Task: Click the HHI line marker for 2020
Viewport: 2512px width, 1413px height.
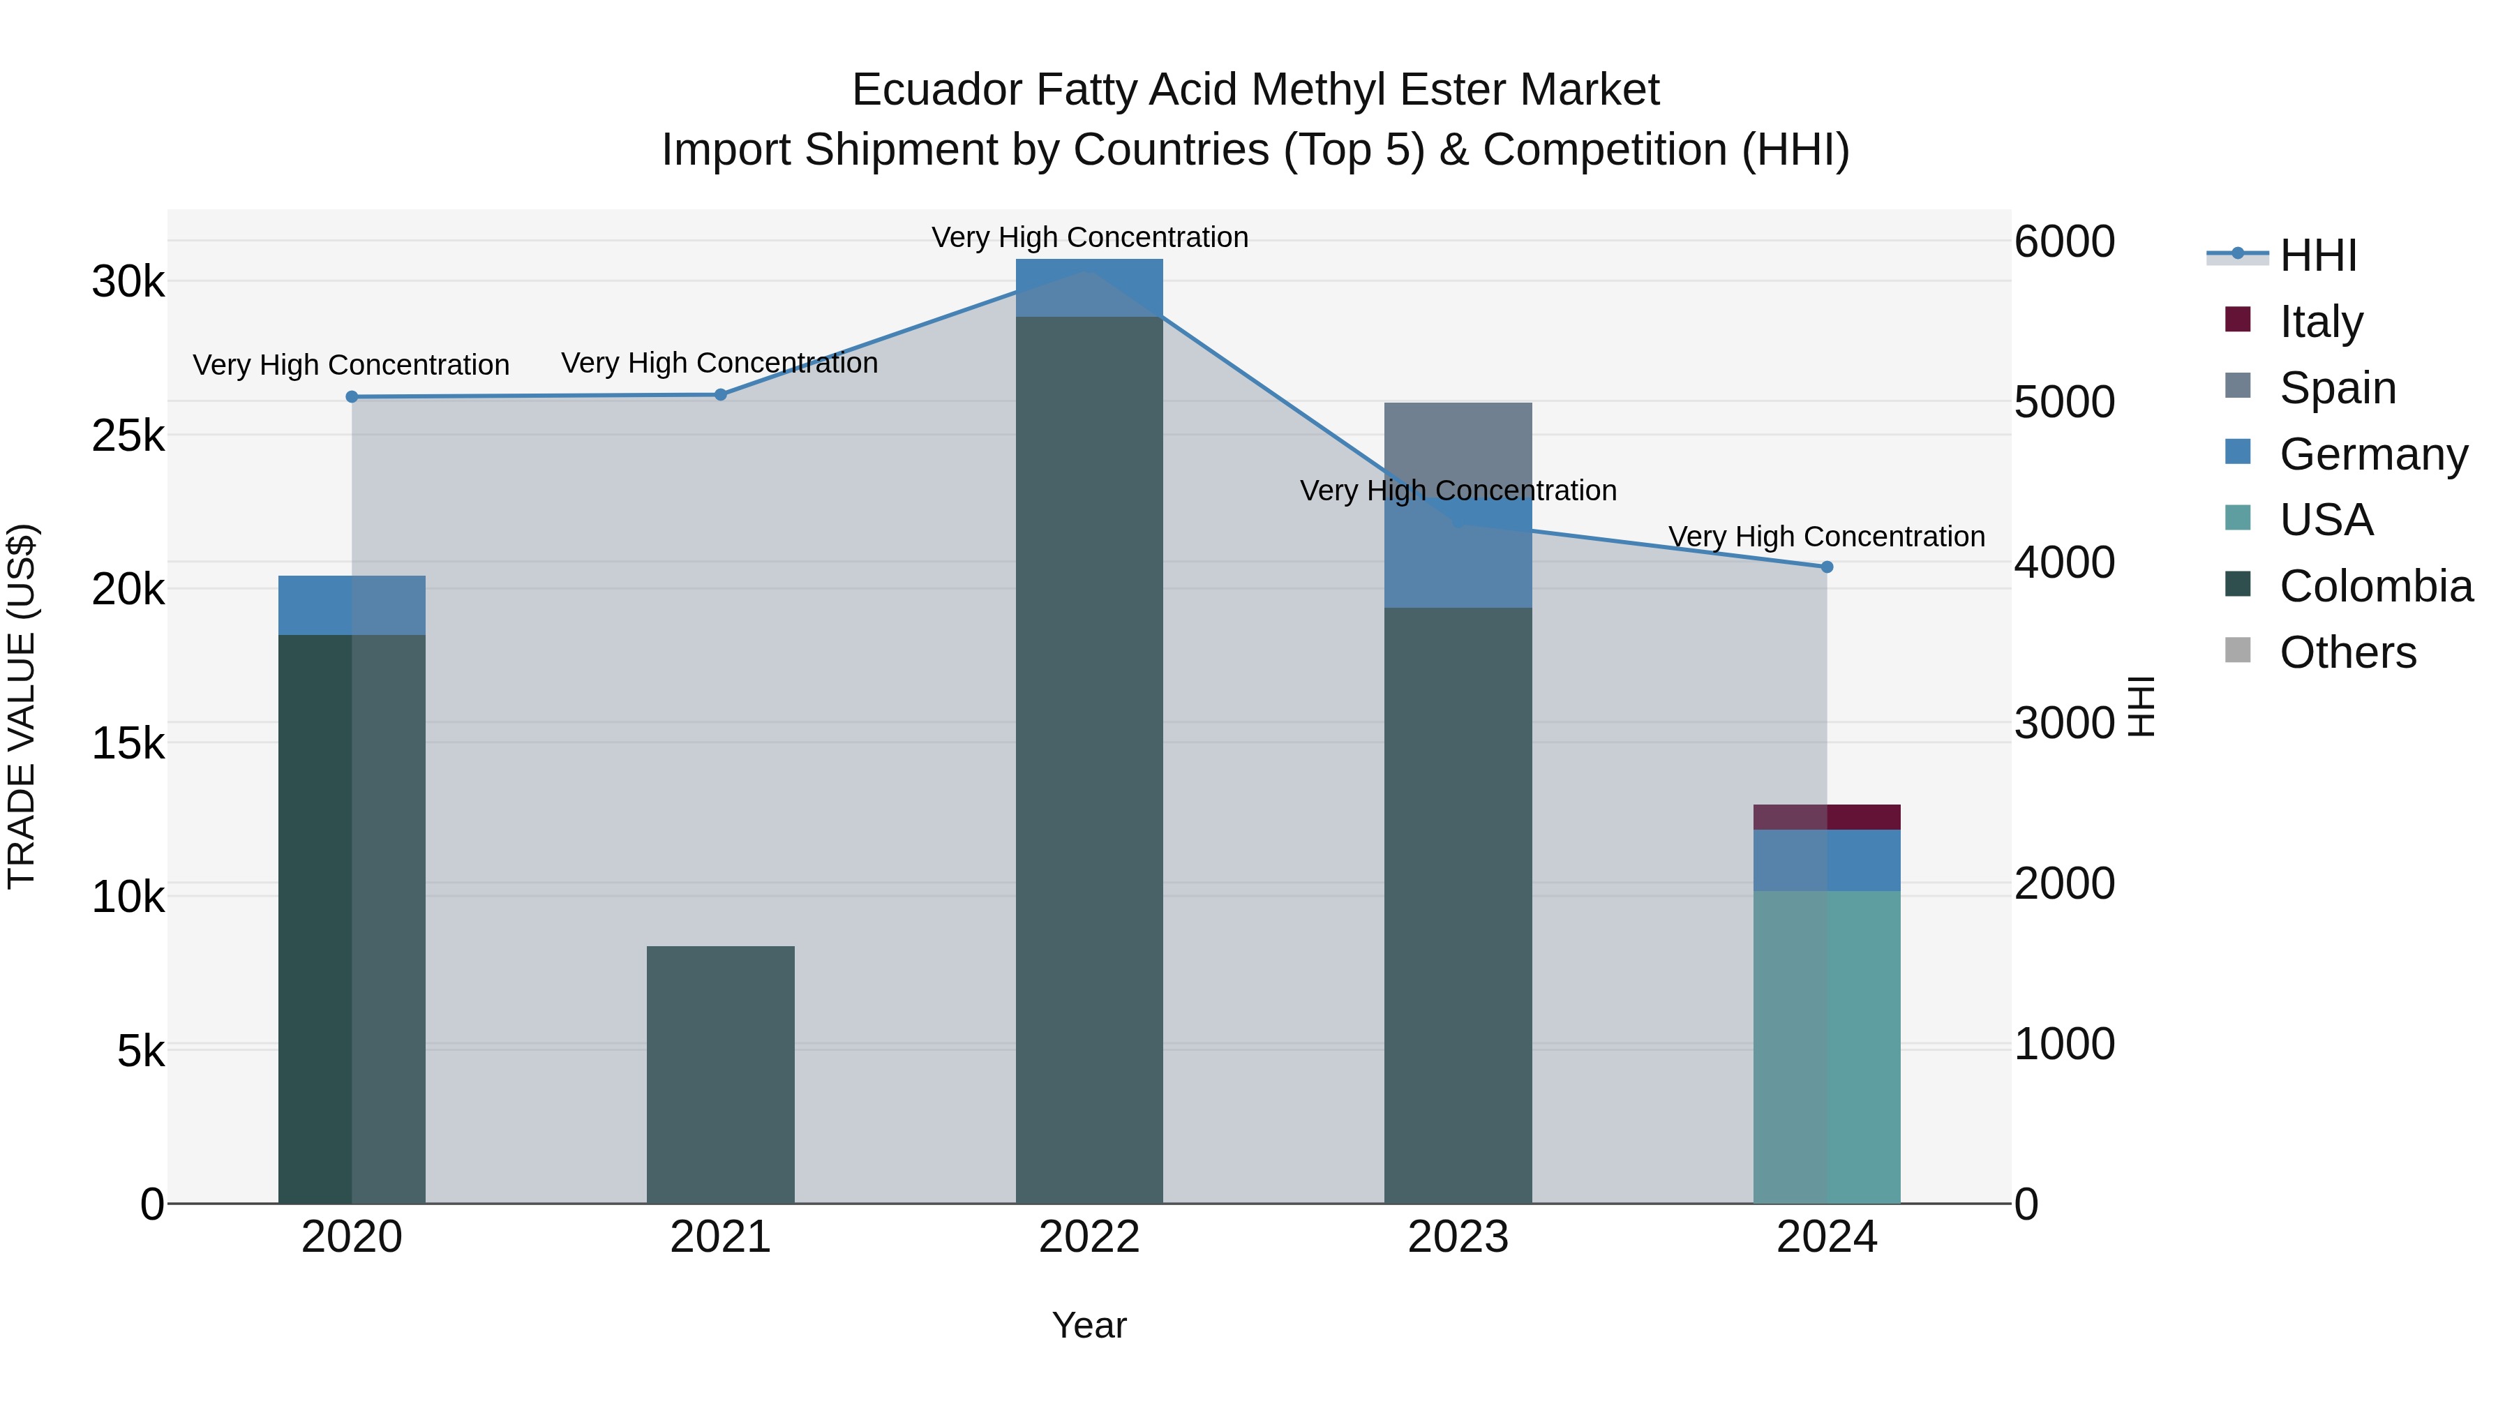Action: point(352,397)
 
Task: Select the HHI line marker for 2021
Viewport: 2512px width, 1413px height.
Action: point(721,395)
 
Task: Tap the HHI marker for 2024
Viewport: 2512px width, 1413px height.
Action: point(1827,567)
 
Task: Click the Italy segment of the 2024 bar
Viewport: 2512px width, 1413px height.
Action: point(1827,817)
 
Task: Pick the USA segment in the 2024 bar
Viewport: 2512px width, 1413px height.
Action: point(1827,1047)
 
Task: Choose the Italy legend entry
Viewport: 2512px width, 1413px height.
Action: point(2321,321)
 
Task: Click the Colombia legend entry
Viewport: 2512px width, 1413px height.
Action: point(2375,586)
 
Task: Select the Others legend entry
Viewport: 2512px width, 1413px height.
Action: point(2347,652)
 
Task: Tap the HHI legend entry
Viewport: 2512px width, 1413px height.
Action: point(2318,255)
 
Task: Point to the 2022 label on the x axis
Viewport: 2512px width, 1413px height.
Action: point(1089,1237)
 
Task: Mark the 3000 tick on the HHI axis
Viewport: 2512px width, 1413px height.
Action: point(2065,723)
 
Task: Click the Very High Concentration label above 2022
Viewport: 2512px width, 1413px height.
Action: point(1089,237)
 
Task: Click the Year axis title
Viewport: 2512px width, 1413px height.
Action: point(1089,1325)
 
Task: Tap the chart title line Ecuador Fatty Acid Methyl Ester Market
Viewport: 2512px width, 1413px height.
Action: point(1255,90)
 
